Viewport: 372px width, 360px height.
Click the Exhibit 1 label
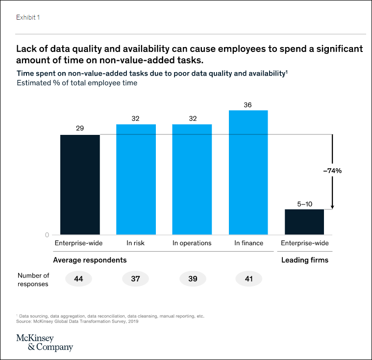click(x=28, y=17)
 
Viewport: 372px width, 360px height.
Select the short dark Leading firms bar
click(x=304, y=222)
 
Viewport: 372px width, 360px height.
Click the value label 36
click(x=248, y=105)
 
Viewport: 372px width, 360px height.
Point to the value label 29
click(x=80, y=129)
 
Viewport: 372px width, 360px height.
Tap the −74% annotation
click(x=332, y=171)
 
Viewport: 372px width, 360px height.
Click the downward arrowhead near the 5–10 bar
click(x=332, y=207)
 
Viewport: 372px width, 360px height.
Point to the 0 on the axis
click(x=48, y=235)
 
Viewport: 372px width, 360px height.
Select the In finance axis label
click(x=248, y=243)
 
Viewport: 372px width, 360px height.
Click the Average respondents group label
click(x=90, y=260)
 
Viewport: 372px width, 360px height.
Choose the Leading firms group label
click(x=304, y=260)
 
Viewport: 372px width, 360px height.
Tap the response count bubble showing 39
click(x=193, y=279)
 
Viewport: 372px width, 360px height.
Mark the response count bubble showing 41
click(x=248, y=279)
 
